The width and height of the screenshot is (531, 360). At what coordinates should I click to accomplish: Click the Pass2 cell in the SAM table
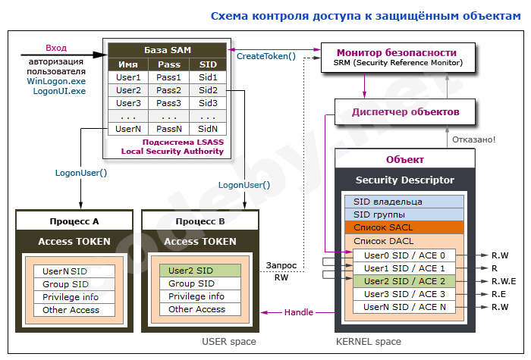168,90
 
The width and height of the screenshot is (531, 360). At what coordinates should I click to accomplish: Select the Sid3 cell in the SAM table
208,103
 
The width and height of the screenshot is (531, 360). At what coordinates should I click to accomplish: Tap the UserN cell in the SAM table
128,129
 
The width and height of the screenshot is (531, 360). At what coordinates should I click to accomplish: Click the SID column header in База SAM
208,64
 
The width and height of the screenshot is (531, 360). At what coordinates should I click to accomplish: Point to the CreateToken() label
266,56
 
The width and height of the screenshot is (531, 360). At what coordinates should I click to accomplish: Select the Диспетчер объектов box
405,111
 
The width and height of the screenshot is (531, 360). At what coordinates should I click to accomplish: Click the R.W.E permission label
504,280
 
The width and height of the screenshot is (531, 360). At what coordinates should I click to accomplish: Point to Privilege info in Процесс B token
196,296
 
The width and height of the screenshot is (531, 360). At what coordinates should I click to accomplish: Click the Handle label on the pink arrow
298,312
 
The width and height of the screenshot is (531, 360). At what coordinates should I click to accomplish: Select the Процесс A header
74,221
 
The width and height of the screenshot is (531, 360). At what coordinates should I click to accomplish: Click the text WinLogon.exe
56,80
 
